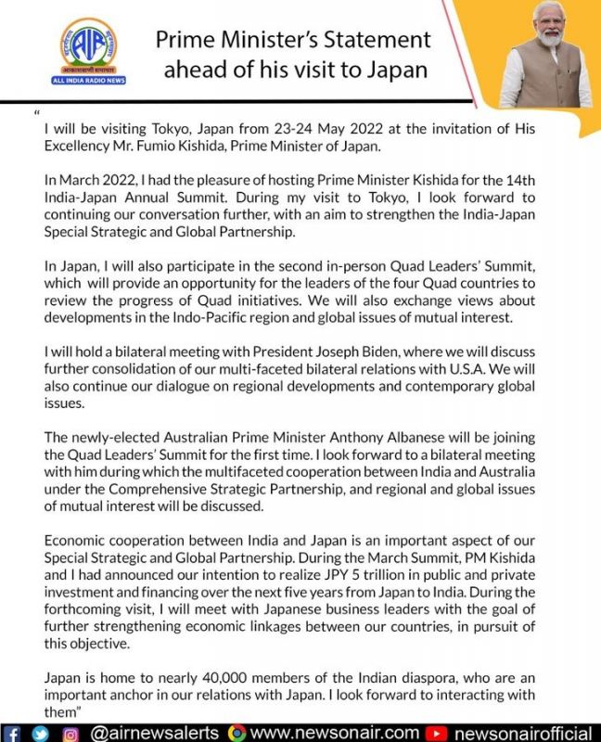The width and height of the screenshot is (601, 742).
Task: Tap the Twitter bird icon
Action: tap(41, 732)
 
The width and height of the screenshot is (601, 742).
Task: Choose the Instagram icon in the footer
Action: tap(70, 732)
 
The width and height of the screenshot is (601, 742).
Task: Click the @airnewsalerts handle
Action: tap(156, 732)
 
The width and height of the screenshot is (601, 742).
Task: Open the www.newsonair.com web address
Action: tap(336, 732)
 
